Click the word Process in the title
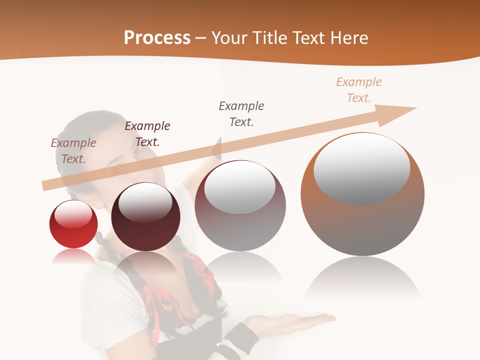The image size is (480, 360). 157,38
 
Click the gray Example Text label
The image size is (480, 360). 241,113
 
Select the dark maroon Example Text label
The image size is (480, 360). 147,133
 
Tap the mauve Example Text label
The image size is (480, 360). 73,150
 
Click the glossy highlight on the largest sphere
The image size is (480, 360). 361,167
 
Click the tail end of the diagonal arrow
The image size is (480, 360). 46,185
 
